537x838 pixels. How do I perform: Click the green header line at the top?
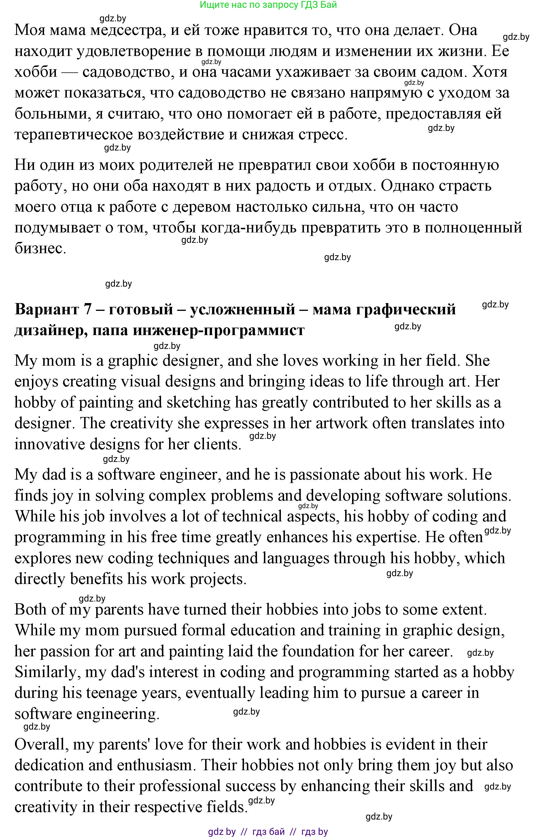[268, 5]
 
